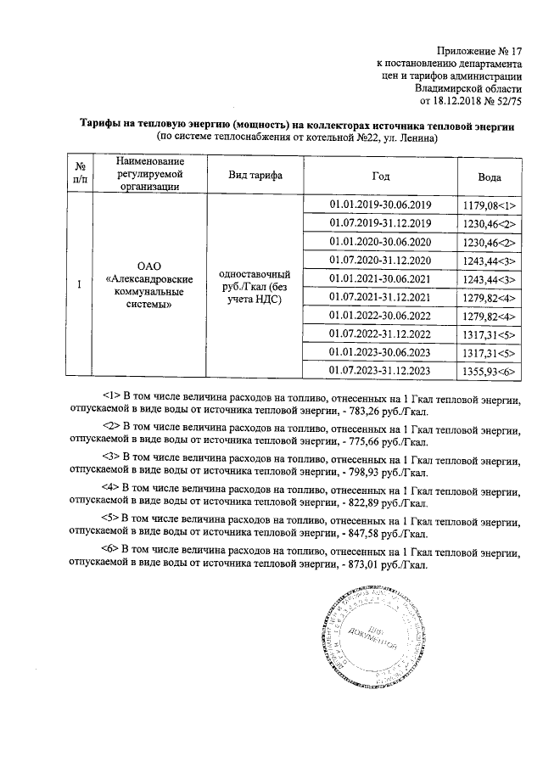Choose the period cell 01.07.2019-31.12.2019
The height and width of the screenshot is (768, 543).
(381, 223)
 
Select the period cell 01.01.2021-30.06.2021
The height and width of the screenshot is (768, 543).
(381, 278)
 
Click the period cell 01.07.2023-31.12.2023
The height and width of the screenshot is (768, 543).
(381, 371)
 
